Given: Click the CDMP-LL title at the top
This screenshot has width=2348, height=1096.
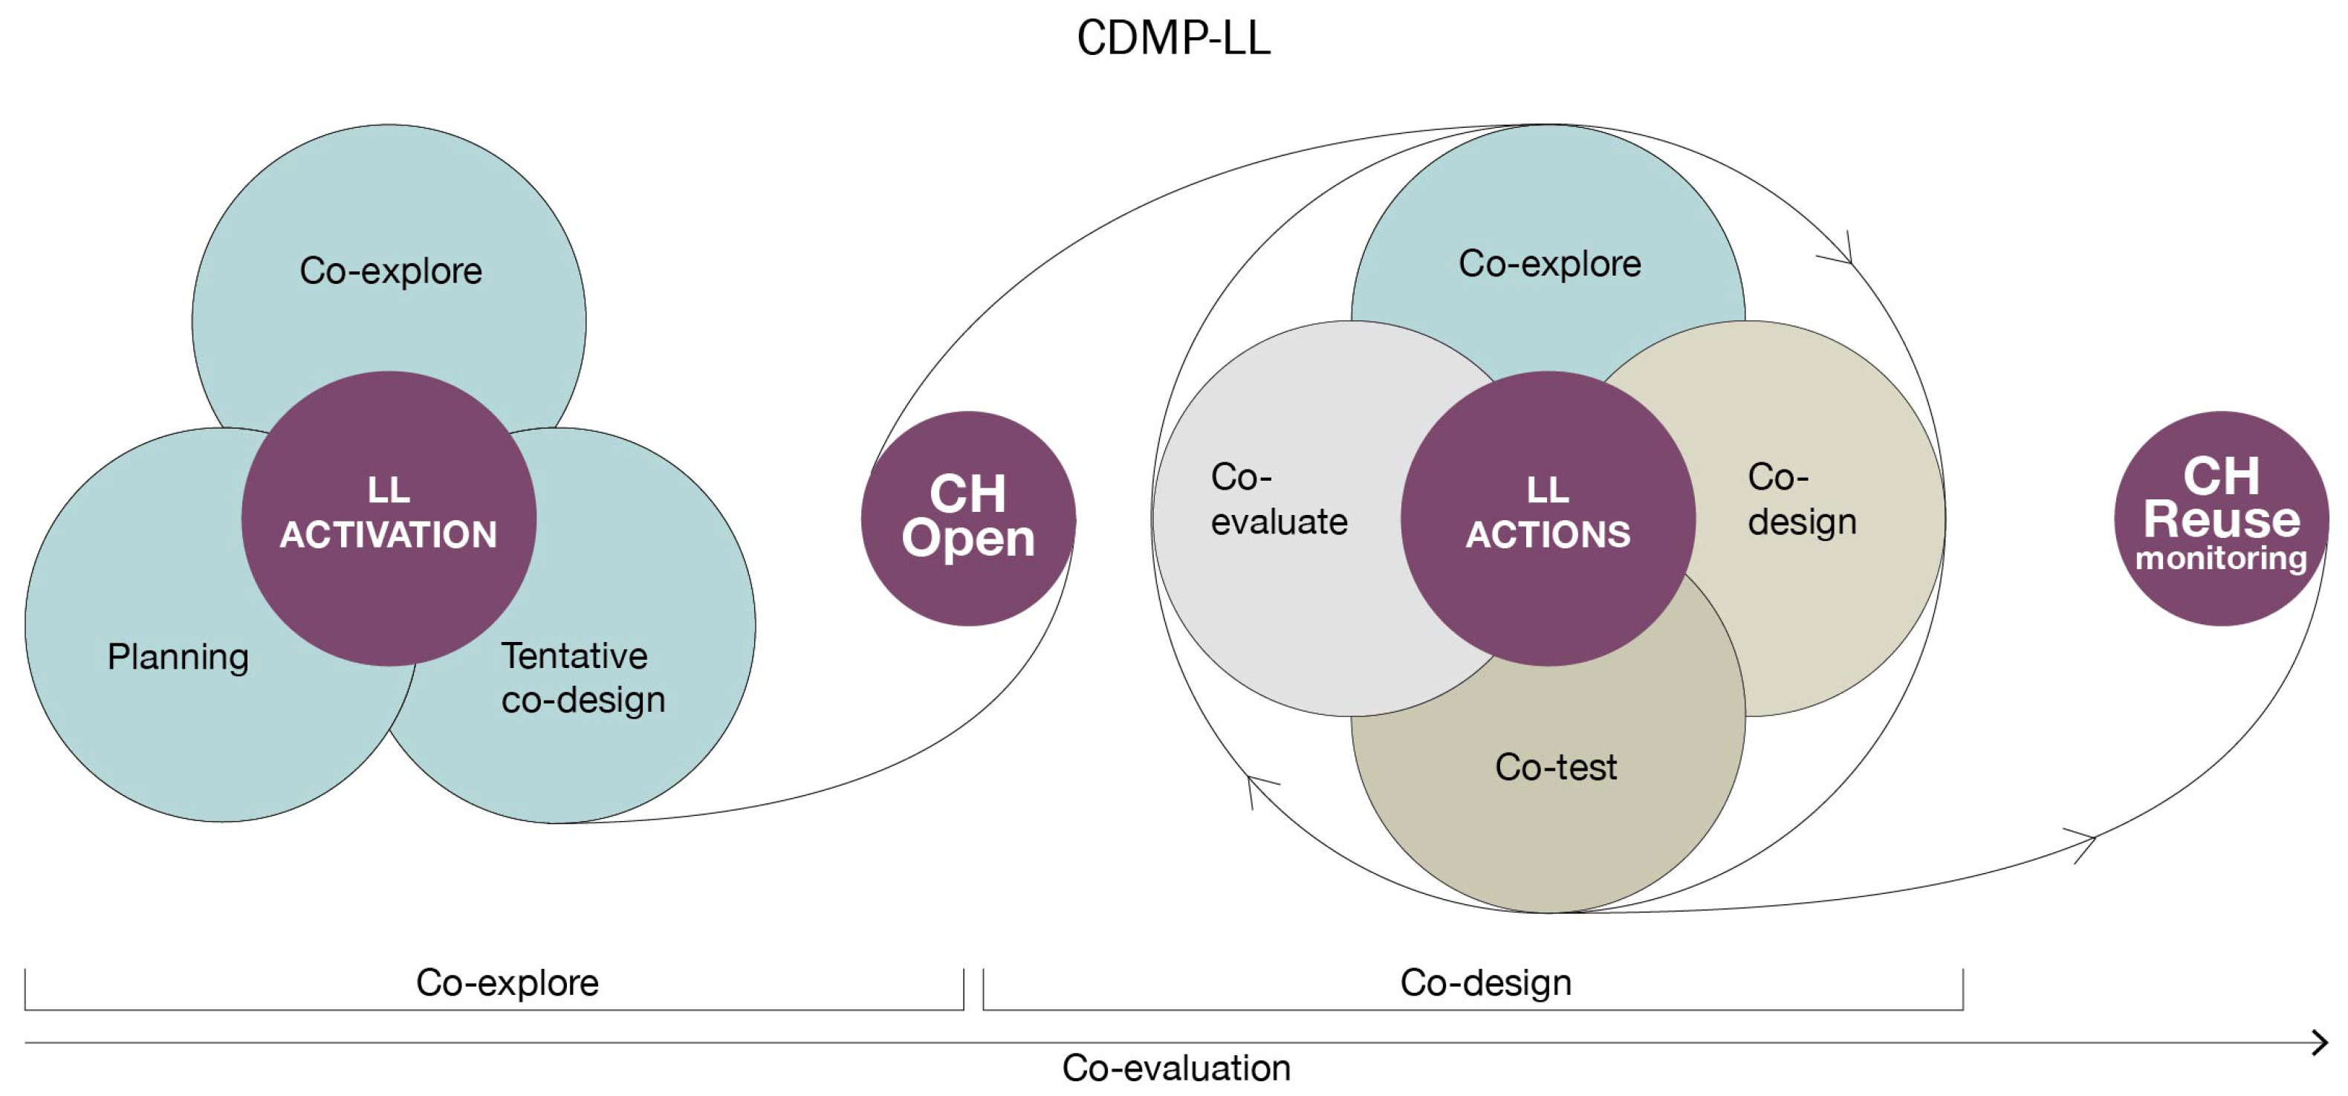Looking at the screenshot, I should click(x=1173, y=39).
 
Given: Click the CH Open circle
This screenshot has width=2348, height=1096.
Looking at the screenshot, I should click(x=968, y=517).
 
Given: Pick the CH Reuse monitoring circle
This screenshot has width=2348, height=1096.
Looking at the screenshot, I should click(x=2221, y=517).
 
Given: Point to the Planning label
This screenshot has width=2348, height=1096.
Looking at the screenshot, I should click(x=178, y=657).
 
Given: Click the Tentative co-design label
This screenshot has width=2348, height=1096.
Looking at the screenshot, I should click(x=583, y=678).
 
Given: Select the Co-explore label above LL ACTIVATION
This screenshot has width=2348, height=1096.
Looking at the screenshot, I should click(x=390, y=270).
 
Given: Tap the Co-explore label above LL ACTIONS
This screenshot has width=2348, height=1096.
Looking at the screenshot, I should click(x=1549, y=264).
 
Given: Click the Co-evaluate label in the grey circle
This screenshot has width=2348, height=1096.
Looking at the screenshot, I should click(x=1278, y=499).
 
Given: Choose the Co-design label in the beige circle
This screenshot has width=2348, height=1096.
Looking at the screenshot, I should click(x=1801, y=499).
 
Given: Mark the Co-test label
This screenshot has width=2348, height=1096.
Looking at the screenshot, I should click(x=1555, y=767).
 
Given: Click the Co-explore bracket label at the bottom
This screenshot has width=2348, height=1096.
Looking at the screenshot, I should click(x=507, y=982).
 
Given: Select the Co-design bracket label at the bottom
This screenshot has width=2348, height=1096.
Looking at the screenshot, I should click(x=1486, y=982).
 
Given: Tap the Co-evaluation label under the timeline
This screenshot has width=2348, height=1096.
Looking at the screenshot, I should click(x=1175, y=1067).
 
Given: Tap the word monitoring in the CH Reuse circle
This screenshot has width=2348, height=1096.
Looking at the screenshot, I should click(x=2221, y=558).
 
